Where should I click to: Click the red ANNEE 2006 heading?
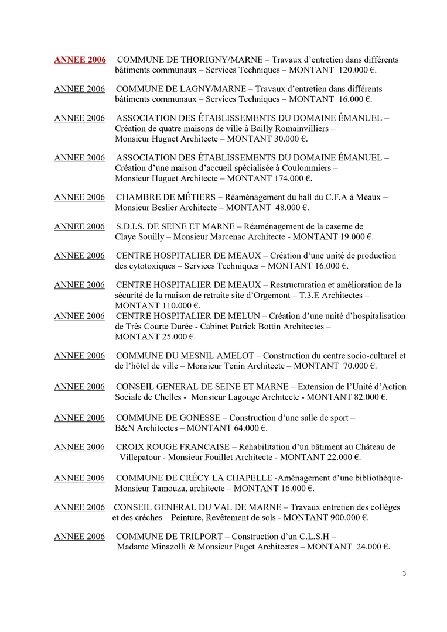[80, 60]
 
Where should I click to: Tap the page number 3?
[404, 573]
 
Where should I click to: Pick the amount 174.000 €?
[292, 178]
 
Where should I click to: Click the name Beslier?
[168, 208]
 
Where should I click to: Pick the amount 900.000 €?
[346, 518]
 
